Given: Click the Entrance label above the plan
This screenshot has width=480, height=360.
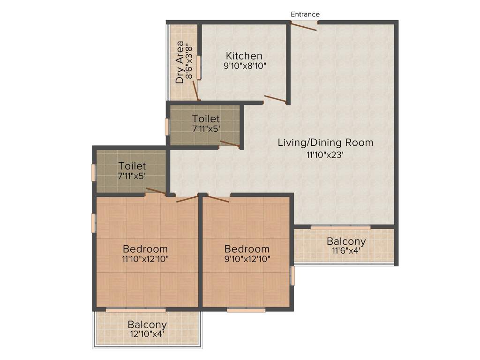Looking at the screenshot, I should (305, 15).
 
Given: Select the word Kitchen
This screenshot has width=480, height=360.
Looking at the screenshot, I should (244, 56).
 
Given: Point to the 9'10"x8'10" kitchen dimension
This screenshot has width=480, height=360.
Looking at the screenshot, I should (245, 66).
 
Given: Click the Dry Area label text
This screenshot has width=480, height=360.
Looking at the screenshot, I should (180, 62).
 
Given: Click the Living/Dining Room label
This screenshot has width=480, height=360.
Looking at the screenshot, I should (325, 142).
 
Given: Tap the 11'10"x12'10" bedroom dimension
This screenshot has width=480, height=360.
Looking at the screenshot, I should (145, 259).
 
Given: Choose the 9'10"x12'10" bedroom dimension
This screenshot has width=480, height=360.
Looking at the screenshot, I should (247, 259).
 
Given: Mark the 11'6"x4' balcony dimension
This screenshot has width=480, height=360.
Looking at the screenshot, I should (346, 251).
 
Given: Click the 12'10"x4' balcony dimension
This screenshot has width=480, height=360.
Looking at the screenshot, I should (147, 334).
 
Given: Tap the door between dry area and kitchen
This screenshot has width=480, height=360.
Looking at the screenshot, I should (196, 91).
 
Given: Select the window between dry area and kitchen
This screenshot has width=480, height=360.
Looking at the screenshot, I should (199, 67).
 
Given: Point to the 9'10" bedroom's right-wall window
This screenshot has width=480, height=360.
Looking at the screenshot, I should (292, 276).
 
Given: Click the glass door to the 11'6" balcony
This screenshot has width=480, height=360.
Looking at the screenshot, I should (340, 228).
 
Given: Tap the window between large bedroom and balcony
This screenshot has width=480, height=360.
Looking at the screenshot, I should (135, 309).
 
